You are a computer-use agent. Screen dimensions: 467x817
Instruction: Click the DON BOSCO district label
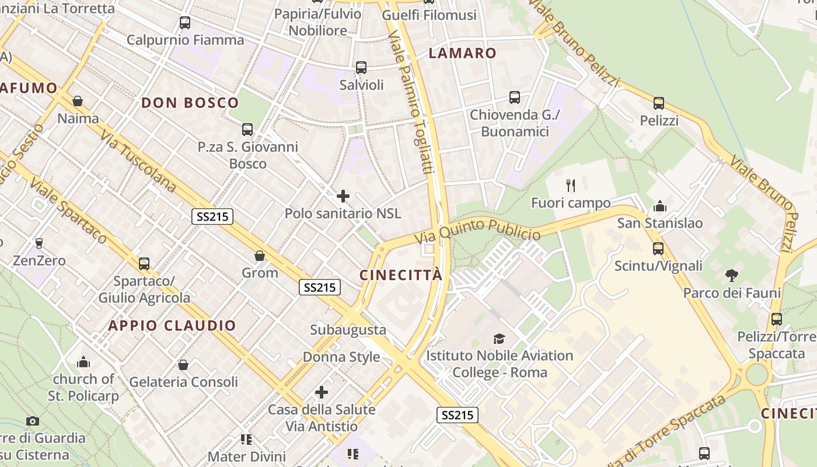(190, 103)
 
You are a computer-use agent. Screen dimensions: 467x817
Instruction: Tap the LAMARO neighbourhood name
(462, 53)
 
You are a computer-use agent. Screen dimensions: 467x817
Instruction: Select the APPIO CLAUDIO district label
(172, 326)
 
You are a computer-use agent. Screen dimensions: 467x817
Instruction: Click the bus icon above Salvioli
(361, 68)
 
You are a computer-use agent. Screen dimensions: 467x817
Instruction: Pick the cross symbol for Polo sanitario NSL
(343, 196)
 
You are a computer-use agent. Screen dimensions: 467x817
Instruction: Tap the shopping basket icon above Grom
(260, 256)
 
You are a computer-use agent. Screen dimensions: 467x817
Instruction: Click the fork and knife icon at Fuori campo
(571, 186)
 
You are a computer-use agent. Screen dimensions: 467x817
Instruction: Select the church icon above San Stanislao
(660, 205)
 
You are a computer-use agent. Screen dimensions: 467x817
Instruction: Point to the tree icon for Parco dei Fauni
(731, 275)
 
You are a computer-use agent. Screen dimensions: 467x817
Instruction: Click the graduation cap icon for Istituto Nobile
(499, 339)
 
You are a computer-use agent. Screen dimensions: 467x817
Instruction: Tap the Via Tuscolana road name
(138, 161)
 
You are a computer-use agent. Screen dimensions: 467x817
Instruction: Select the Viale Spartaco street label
(69, 211)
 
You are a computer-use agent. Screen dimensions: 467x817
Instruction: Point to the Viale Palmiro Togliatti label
(412, 104)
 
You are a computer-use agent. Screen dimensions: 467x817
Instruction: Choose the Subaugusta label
(348, 330)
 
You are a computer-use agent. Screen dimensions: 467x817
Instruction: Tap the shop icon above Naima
(78, 102)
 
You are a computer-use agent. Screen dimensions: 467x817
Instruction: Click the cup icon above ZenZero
(39, 243)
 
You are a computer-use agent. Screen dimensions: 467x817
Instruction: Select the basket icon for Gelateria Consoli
(183, 365)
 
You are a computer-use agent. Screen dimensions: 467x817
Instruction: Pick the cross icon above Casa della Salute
(322, 392)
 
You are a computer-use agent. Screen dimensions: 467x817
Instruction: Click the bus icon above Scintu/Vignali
(658, 249)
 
